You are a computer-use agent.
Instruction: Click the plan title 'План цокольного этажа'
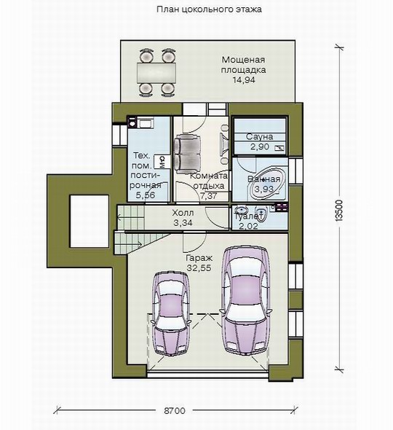pos(209,9)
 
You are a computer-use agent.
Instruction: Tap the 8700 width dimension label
pos(175,411)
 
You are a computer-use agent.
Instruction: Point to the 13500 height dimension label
pos(339,210)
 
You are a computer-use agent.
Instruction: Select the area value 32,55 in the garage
pos(199,268)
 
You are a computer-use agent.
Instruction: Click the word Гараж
pos(199,258)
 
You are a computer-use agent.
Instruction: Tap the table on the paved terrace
pos(156,73)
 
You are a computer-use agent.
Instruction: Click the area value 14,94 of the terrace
pos(244,79)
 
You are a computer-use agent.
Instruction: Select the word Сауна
pos(259,136)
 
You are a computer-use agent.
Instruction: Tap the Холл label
pos(183,213)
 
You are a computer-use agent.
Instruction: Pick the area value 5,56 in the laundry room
pos(146,195)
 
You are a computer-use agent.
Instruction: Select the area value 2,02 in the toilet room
pos(248,226)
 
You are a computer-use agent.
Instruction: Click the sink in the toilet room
pos(242,209)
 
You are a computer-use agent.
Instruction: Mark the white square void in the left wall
pos(90,221)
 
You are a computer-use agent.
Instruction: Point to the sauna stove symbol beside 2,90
pos(279,148)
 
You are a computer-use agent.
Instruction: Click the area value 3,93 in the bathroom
pos(263,189)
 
